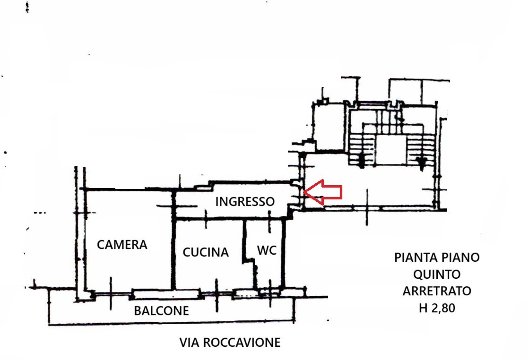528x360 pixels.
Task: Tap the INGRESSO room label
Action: [x=245, y=202]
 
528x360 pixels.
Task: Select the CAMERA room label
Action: [x=122, y=245]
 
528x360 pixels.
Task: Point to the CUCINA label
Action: [x=206, y=252]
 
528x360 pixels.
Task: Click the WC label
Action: [x=267, y=250]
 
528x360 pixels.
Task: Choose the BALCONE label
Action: [x=161, y=310]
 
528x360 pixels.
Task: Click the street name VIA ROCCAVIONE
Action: [x=230, y=343]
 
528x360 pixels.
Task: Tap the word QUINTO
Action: [x=437, y=274]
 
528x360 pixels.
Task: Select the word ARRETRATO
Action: [x=437, y=291]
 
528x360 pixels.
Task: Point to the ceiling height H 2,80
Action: [x=437, y=308]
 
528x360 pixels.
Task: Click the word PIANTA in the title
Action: [x=414, y=257]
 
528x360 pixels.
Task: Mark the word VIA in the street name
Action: [x=189, y=343]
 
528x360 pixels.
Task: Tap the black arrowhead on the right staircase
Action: [x=421, y=162]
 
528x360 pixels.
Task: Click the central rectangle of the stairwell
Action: [x=390, y=150]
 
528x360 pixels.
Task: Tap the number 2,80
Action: [x=442, y=308]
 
